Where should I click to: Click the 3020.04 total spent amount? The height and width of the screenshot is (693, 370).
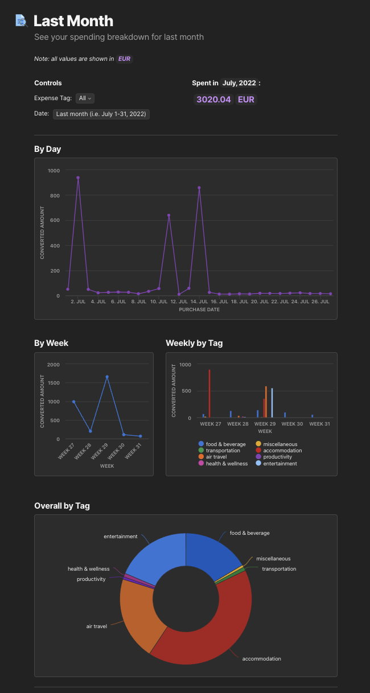coord(213,100)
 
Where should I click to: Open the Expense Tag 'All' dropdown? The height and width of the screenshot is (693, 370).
coord(85,98)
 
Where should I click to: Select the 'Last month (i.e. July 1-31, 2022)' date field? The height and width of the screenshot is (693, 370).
coord(101,114)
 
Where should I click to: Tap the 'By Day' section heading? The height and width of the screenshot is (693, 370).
coord(48,149)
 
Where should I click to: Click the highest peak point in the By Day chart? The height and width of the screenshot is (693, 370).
coord(78,178)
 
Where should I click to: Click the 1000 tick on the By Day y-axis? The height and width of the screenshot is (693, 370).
coord(54,171)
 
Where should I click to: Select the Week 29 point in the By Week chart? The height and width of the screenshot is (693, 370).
coord(106,377)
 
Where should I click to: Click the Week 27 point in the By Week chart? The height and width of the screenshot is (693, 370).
coord(73,402)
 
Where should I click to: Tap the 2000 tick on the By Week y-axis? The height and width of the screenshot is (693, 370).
coord(54,364)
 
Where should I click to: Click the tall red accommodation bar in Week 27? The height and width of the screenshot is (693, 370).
coord(209,394)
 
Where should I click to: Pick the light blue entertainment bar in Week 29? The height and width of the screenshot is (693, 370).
coord(272,403)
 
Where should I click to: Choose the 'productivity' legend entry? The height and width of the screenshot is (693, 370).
coord(277,457)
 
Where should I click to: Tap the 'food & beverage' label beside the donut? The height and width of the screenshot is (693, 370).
coord(249,533)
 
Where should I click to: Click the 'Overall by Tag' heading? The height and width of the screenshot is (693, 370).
coord(62,506)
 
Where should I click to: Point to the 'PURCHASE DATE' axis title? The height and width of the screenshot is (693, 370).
coord(199,310)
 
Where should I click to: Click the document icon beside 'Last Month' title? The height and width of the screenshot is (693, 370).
coord(21,21)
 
